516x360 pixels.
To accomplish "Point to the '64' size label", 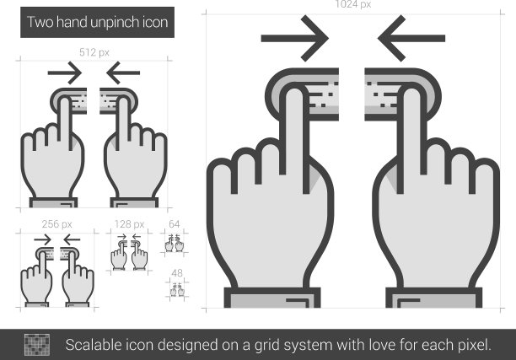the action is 174,224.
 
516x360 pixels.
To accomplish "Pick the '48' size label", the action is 177,273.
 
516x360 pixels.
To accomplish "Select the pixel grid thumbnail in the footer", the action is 37,345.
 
